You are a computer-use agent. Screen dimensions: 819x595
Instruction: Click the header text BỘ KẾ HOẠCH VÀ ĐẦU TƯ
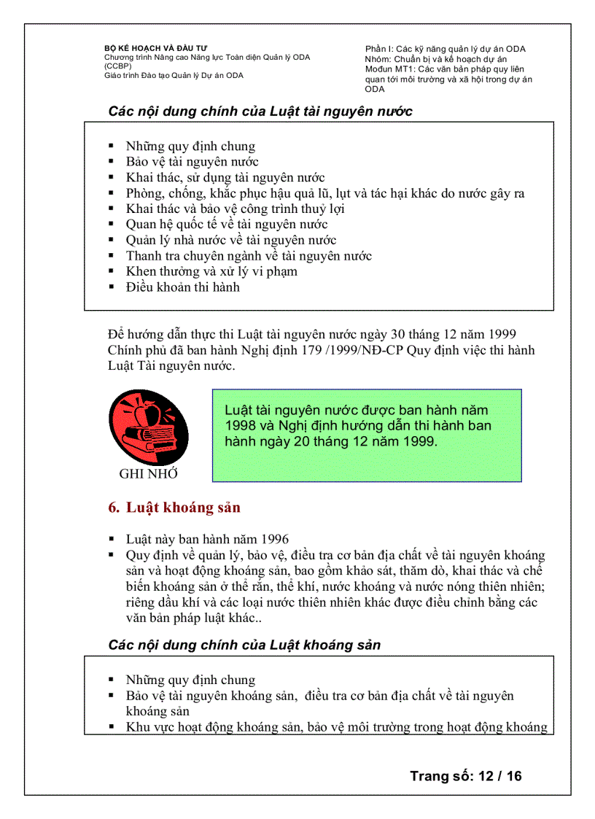[x=149, y=48]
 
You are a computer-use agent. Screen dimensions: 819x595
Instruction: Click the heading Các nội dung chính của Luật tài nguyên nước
[x=260, y=112]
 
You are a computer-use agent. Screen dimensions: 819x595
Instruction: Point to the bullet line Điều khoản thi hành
[x=182, y=287]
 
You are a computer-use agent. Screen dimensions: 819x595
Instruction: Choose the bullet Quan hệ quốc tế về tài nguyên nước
[x=226, y=225]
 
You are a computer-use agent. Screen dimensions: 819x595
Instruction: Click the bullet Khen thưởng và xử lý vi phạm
[x=211, y=271]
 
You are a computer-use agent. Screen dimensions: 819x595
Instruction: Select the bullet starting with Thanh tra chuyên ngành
[x=249, y=256]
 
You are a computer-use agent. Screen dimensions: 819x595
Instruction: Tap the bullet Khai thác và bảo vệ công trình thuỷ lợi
[x=235, y=209]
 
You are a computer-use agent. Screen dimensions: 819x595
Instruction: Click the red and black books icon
[x=148, y=427]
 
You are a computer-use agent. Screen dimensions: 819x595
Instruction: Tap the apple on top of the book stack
[x=153, y=414]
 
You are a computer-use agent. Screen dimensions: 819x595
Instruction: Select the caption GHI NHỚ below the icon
[x=149, y=474]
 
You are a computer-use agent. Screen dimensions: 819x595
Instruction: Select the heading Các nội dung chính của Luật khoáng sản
[x=244, y=645]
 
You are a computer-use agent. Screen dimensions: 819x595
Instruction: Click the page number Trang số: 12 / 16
[x=466, y=776]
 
